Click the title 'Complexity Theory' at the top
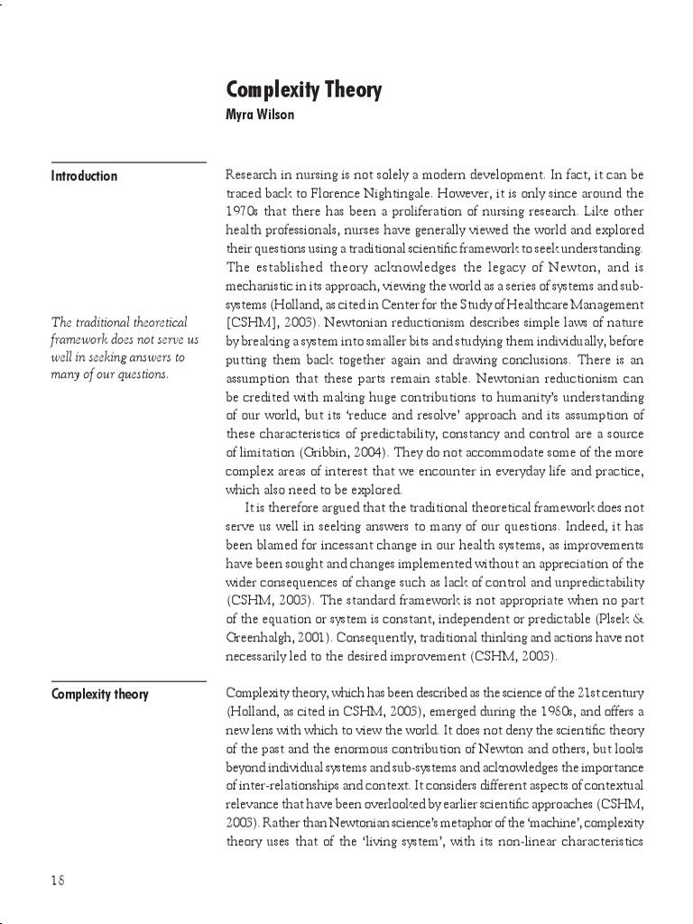[x=303, y=90]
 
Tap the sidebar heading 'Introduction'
[x=84, y=176]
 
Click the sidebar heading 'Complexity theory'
[x=100, y=694]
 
